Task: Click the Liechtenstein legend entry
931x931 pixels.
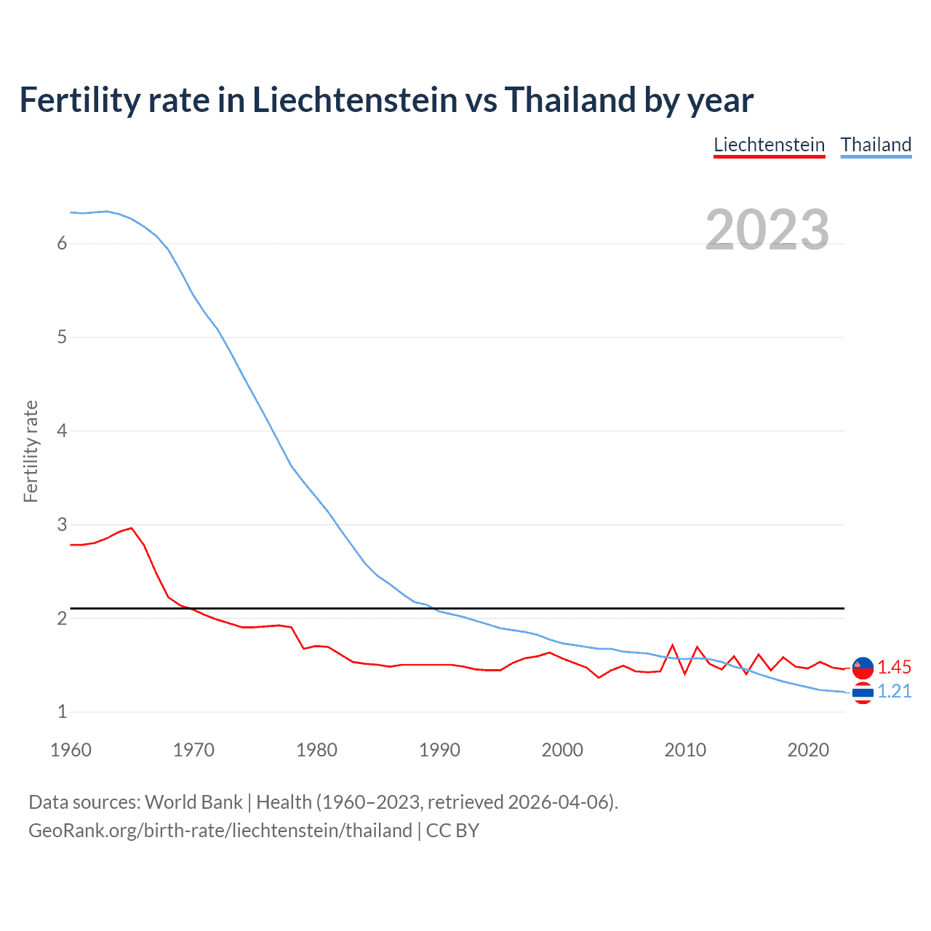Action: [769, 145]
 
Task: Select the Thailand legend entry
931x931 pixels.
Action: [876, 145]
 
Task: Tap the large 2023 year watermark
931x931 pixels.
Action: [767, 230]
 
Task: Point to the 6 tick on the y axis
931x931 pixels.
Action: [62, 244]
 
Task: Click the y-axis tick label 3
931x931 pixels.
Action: [62, 524]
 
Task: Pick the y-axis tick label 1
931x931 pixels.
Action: [62, 712]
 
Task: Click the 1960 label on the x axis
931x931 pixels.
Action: [71, 750]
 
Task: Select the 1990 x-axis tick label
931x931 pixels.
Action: [439, 750]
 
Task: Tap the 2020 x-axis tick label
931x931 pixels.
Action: [808, 750]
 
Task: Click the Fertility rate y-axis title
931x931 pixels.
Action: [31, 451]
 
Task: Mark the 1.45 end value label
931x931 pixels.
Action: [894, 667]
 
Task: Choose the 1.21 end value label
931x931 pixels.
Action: [894, 691]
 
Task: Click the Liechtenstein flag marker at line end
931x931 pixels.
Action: [863, 667]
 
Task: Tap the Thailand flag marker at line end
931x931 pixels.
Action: [863, 693]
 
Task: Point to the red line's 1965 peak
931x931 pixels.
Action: [132, 528]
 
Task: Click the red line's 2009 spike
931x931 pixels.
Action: [673, 645]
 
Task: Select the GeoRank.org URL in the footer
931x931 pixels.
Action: [220, 831]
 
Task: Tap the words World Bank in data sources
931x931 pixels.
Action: [193, 802]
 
